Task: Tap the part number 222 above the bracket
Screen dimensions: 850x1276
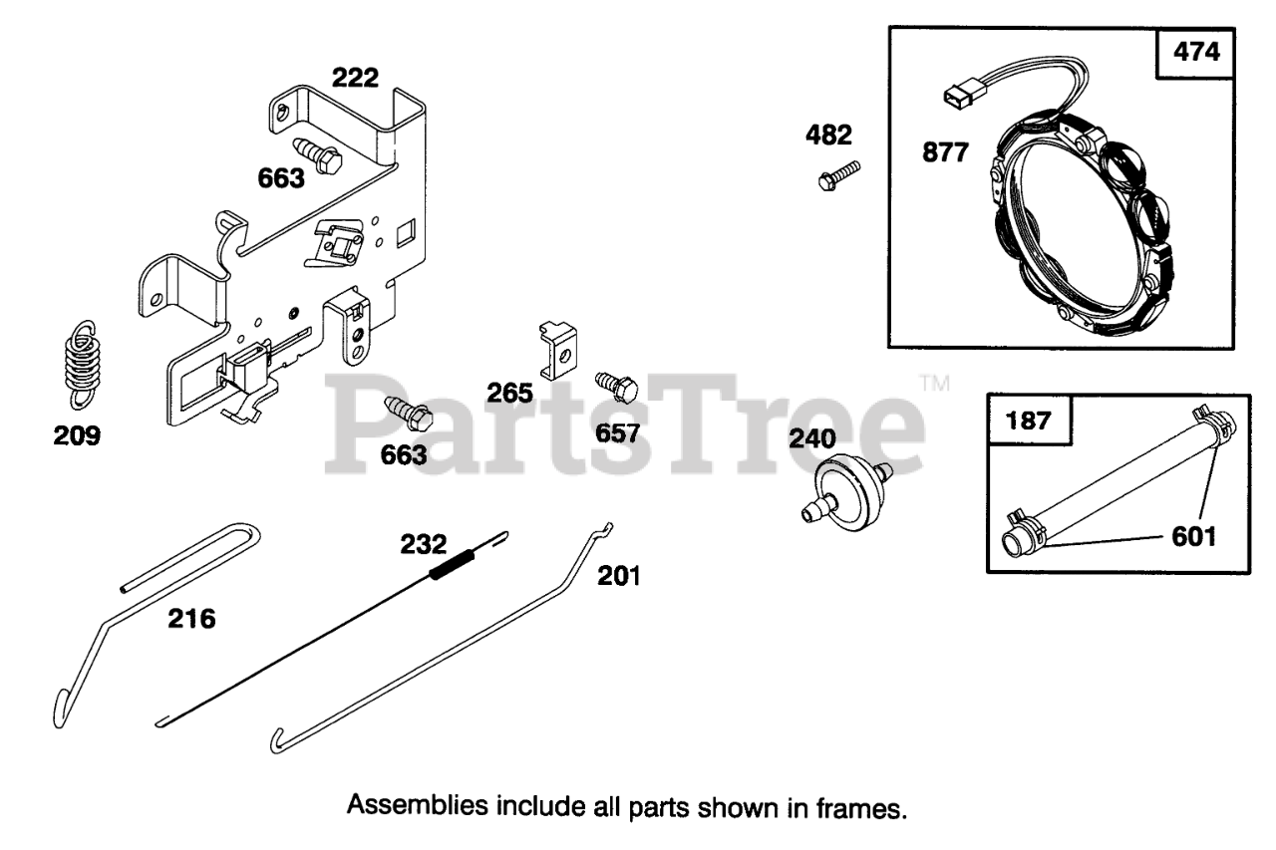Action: (x=355, y=79)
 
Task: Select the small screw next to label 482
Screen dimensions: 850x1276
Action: (x=836, y=174)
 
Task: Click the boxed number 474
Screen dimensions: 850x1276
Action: (x=1196, y=53)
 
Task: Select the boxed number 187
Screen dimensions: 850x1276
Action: (x=1029, y=420)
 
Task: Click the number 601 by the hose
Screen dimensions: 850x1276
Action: (x=1194, y=537)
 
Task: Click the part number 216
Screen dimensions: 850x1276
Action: (x=191, y=619)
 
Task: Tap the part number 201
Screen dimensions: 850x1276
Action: (x=619, y=575)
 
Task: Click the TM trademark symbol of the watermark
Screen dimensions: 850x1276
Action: (x=934, y=383)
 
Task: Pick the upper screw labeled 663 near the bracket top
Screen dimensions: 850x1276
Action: (x=320, y=155)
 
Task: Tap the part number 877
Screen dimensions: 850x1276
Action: (x=944, y=153)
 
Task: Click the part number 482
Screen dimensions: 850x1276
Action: (x=829, y=136)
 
